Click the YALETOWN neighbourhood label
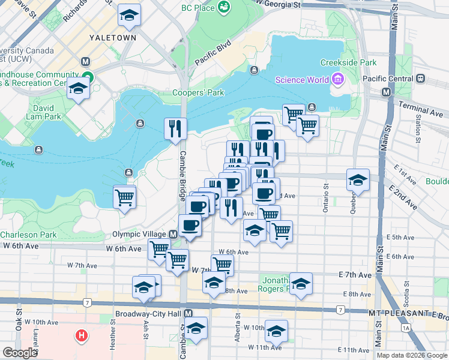click(112, 37)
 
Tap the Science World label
click(302, 80)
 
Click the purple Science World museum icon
click(337, 80)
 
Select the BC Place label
click(197, 7)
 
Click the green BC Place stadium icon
click(224, 7)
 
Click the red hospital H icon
click(81, 335)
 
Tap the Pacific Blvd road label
click(212, 53)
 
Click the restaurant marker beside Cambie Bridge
click(175, 128)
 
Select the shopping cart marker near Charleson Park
click(124, 196)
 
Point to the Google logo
click(20, 353)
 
